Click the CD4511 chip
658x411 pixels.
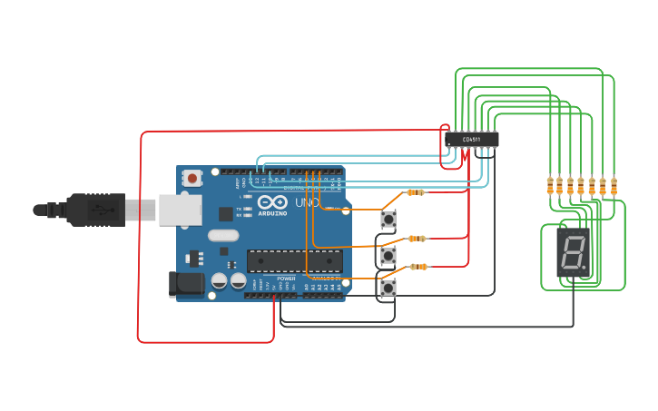(x=471, y=139)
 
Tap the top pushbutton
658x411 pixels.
(x=388, y=219)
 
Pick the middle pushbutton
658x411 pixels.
(x=388, y=255)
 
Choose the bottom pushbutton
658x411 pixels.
(x=388, y=289)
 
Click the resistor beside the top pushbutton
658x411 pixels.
(x=416, y=192)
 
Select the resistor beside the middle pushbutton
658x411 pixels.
(x=417, y=239)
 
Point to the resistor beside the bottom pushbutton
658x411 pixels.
(x=417, y=267)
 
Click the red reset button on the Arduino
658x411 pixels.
(x=192, y=178)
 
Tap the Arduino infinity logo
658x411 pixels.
(x=271, y=201)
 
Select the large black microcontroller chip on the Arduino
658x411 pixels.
(x=294, y=261)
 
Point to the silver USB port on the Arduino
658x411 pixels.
(x=180, y=210)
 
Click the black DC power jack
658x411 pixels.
(x=186, y=284)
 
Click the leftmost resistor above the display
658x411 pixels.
(x=549, y=185)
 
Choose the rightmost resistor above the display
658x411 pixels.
(x=614, y=185)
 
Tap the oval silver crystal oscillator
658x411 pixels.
(x=222, y=235)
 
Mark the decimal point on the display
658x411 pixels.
(x=586, y=269)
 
